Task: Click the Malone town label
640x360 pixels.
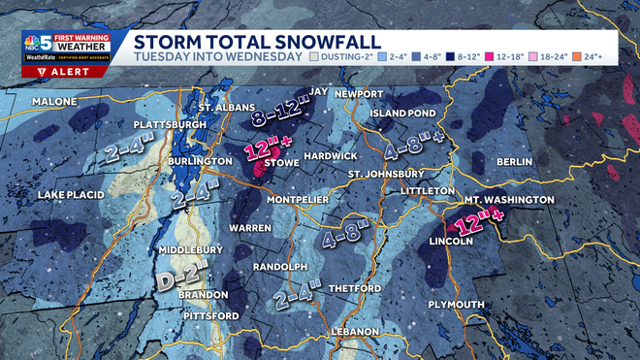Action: [x=53, y=101]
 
